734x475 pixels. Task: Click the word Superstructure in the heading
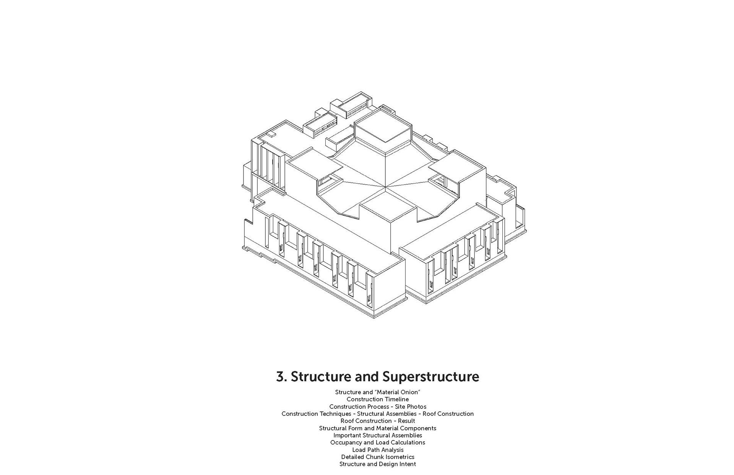click(x=430, y=377)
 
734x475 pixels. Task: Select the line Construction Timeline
click(x=378, y=399)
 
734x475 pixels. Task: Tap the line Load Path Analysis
click(x=378, y=450)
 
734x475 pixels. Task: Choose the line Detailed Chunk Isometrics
click(x=378, y=457)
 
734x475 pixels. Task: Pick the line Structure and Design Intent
click(x=378, y=464)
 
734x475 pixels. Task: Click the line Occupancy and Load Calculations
click(x=378, y=442)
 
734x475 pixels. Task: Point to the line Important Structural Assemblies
click(x=378, y=435)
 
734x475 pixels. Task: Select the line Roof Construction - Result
click(x=378, y=421)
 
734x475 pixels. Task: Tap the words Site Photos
click(x=411, y=407)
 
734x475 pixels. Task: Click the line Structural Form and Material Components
click(x=378, y=428)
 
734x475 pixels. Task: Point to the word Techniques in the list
click(x=335, y=414)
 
